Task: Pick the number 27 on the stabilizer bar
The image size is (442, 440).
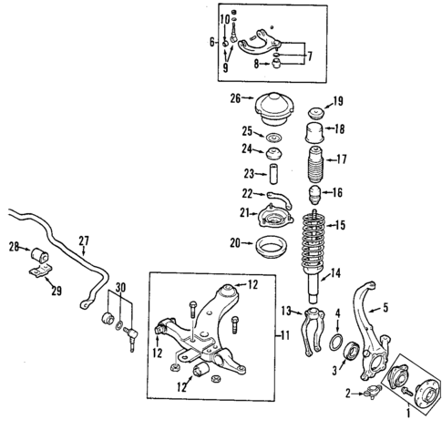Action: [x=84, y=241]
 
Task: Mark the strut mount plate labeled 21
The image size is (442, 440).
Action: [x=272, y=219]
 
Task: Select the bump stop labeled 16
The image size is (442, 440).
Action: [x=314, y=194]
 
